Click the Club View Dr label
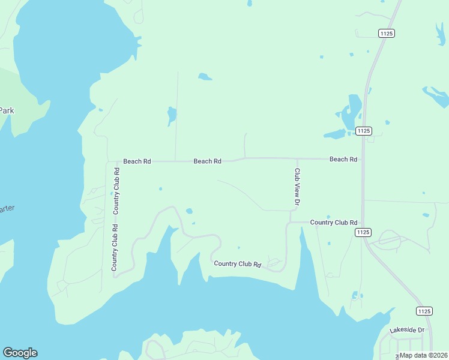[x=297, y=187]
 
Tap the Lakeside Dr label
[x=406, y=330]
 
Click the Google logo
[x=20, y=353]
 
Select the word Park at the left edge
[x=7, y=110]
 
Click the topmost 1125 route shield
[x=387, y=34]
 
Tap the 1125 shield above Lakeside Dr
[x=424, y=311]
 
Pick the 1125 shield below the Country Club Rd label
[x=363, y=232]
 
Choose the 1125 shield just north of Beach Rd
[x=364, y=131]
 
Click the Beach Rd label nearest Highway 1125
[x=343, y=160]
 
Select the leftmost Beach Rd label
[x=137, y=161]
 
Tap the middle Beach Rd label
[x=207, y=161]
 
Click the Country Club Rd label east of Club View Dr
[x=333, y=223]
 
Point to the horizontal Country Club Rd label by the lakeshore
[x=238, y=264]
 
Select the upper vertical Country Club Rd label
[x=116, y=190]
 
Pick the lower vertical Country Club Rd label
[x=114, y=247]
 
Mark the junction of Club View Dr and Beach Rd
[x=297, y=159]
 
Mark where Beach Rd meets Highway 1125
[x=363, y=159]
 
